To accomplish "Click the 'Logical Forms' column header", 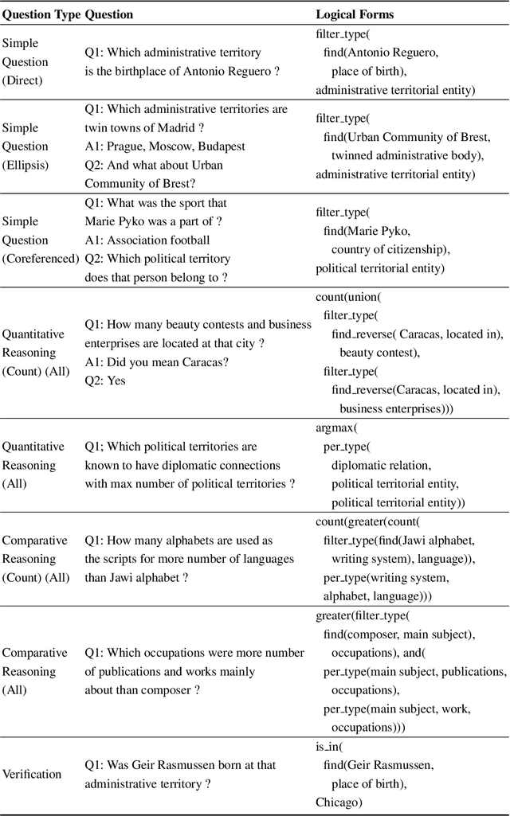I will pos(355,14).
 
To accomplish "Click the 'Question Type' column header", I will pos(41,14).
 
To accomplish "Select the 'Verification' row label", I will pos(32,774).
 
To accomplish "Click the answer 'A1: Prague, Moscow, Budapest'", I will pos(166,146).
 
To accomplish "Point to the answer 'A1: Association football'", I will pos(147,240).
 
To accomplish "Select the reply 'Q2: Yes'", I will pos(105,381).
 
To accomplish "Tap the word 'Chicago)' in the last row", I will pos(339,801).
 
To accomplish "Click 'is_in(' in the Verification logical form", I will pos(330,747).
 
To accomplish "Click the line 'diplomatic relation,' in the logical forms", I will pos(382,465).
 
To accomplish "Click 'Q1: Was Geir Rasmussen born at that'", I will pos(181,765).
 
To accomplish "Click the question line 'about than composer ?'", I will pos(143,689).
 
